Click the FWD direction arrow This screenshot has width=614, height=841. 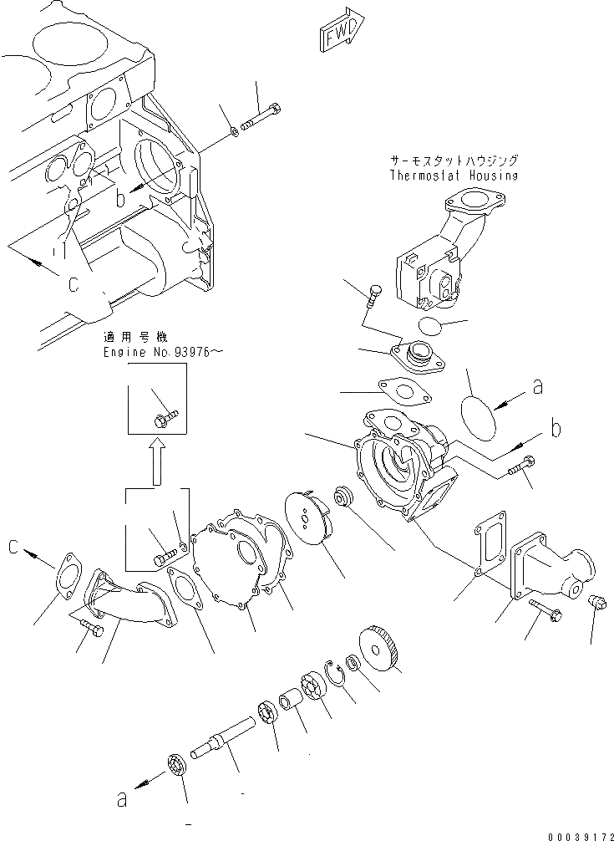tap(341, 33)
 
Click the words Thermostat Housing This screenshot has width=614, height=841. tap(454, 176)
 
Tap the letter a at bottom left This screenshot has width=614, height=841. tap(123, 800)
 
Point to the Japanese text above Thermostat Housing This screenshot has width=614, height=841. tap(453, 160)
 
